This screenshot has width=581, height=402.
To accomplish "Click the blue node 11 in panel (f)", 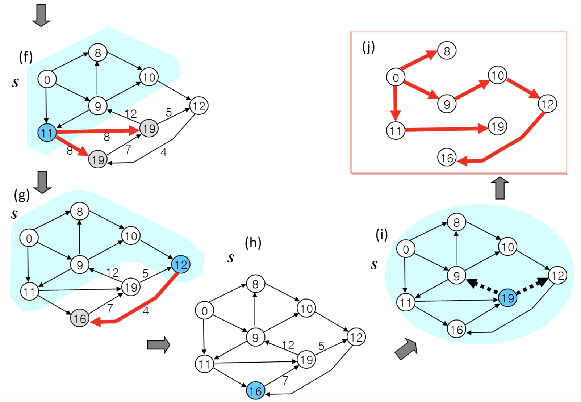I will pyautogui.click(x=47, y=133).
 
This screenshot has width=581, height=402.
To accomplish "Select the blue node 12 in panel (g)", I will pyautogui.click(x=181, y=264).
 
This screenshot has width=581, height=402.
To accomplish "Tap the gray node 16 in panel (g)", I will pyautogui.click(x=80, y=318).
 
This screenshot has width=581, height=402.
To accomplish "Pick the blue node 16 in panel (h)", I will pyautogui.click(x=255, y=391).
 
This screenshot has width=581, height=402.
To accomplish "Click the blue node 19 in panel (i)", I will pyautogui.click(x=507, y=298).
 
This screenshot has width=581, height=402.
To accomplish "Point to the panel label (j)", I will pyautogui.click(x=368, y=47).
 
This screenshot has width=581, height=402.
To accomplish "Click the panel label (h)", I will pyautogui.click(x=253, y=242).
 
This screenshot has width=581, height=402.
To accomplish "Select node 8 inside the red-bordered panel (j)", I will pyautogui.click(x=447, y=51).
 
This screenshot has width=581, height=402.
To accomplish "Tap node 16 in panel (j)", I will pyautogui.click(x=447, y=158).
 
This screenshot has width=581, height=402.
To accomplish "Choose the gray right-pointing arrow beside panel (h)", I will pyautogui.click(x=159, y=345).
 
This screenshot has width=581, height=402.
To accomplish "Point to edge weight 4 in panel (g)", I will pyautogui.click(x=146, y=311).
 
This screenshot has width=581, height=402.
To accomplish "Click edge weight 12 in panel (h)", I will pyautogui.click(x=288, y=345).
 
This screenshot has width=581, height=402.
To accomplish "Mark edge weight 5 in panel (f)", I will pyautogui.click(x=168, y=112).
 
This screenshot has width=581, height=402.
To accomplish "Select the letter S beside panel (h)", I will pyautogui.click(x=231, y=258).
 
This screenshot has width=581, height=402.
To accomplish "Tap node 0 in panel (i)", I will pyautogui.click(x=406, y=249).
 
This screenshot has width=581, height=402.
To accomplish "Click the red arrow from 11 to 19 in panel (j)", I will pyautogui.click(x=446, y=129).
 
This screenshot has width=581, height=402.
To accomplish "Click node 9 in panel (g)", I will pyautogui.click(x=80, y=265).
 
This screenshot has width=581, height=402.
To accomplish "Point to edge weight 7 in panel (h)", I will pyautogui.click(x=285, y=380).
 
